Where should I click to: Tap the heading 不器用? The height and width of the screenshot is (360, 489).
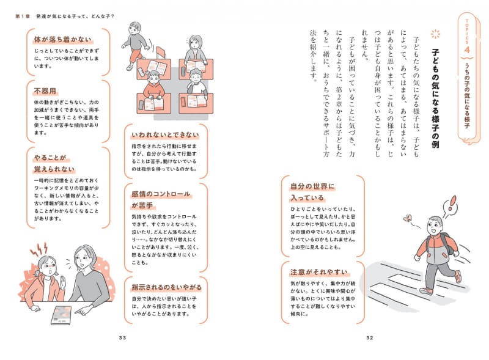pos(46,92)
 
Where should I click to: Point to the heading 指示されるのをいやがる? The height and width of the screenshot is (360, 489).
pos(166,287)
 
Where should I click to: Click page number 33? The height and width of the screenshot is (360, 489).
pos(122,338)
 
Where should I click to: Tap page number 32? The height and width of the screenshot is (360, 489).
pos(369,338)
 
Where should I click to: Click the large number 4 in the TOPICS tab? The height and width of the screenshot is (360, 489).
pos(466,48)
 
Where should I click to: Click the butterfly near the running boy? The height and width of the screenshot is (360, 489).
pos(408,218)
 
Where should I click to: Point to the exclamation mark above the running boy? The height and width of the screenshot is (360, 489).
pos(452,203)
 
